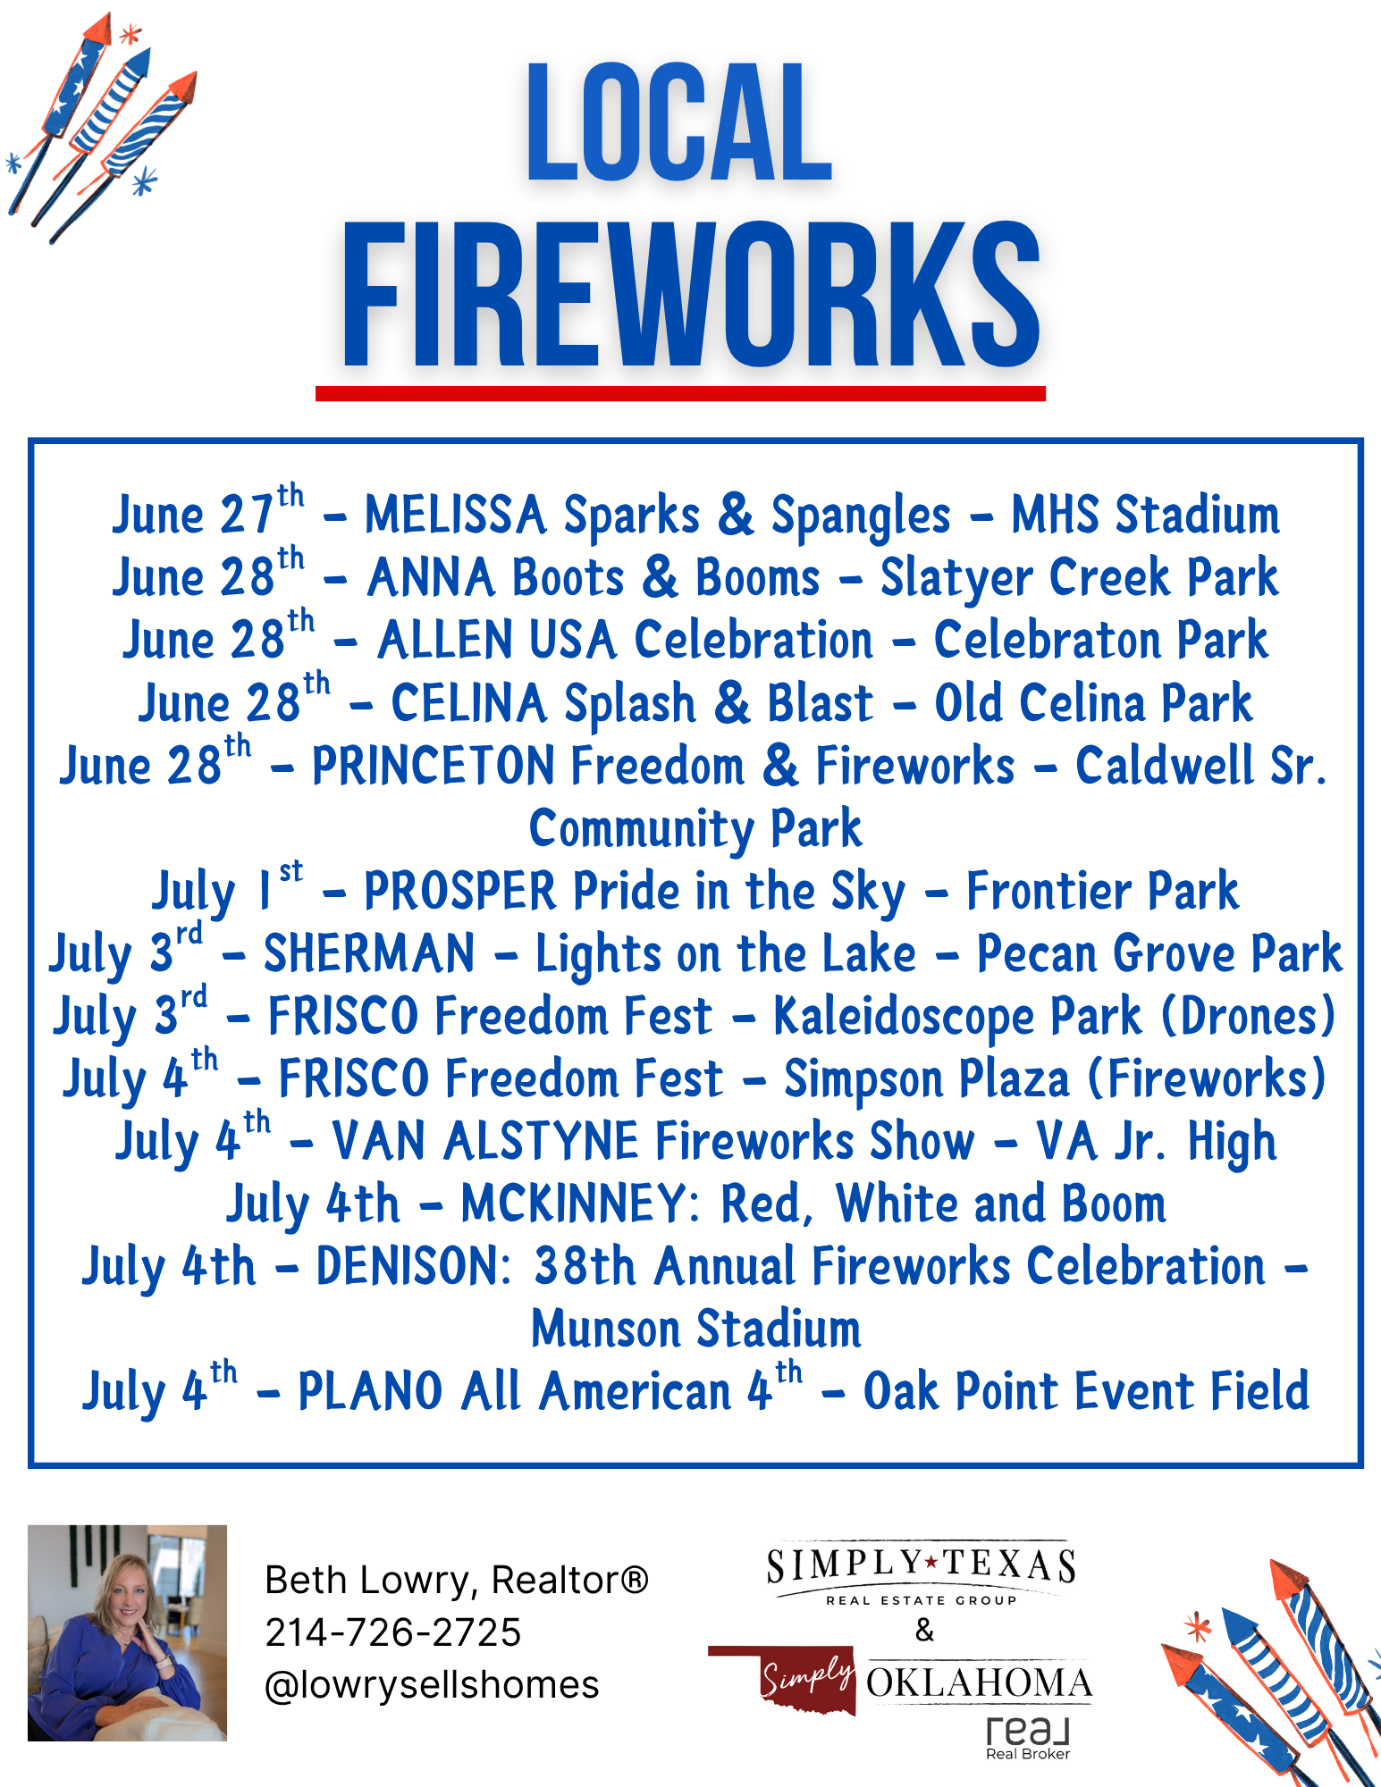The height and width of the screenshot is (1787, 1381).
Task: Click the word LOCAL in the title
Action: (x=679, y=122)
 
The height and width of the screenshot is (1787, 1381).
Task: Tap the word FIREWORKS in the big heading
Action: (x=691, y=296)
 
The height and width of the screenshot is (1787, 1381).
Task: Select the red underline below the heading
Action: (x=680, y=393)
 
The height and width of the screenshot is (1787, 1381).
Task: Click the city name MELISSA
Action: (x=455, y=516)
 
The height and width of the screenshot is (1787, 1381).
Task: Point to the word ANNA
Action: (x=431, y=578)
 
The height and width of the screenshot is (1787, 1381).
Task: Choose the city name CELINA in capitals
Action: (x=468, y=703)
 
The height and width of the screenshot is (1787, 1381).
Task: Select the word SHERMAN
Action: (x=369, y=953)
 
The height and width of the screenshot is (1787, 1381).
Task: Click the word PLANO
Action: (x=370, y=1391)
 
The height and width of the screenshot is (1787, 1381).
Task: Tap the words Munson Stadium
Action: (x=696, y=1329)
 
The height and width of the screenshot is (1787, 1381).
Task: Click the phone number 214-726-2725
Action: (x=393, y=1632)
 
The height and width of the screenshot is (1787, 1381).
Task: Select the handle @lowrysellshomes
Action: (x=433, y=1685)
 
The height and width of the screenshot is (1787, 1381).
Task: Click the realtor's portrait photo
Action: (x=127, y=1632)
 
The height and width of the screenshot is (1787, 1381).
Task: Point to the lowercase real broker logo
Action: (x=1028, y=1737)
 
